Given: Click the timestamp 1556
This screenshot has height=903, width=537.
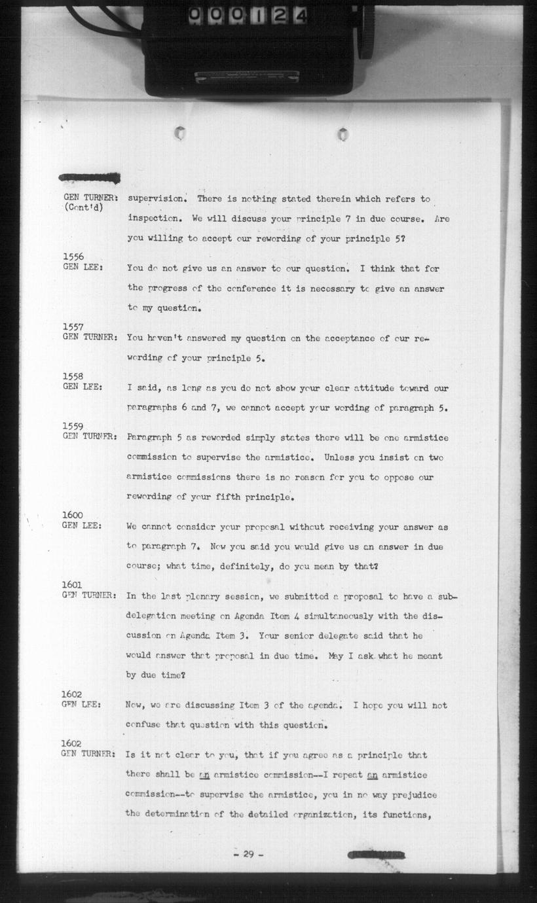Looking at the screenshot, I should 73,257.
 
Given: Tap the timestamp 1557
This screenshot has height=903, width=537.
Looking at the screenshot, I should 73,327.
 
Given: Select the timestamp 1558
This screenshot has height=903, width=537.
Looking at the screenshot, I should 73,376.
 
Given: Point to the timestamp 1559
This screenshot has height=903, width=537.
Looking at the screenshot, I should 73,426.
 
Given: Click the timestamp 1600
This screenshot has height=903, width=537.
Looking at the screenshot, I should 73,516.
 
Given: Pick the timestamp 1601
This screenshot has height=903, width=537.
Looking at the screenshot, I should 73,585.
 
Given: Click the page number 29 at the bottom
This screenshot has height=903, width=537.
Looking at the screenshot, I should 248,854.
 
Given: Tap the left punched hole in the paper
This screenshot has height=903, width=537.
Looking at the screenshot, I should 179,133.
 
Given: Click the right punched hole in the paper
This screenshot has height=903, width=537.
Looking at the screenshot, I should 343,135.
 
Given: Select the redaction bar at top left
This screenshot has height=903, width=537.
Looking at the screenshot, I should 90,177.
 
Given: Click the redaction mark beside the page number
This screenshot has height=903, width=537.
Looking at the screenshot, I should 377,855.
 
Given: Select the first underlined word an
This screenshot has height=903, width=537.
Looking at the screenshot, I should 204,775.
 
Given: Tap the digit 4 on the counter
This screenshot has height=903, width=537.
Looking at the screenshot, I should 301,16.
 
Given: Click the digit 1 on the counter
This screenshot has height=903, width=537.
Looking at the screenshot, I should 258,16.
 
